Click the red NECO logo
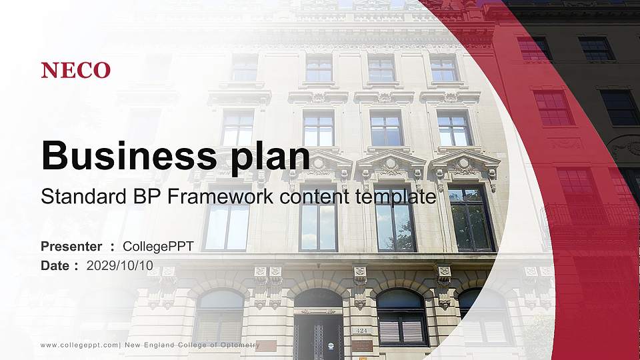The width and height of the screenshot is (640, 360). pos(76,70)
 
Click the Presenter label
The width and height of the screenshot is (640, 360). pos(71,247)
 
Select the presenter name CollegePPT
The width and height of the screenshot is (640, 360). pos(159,247)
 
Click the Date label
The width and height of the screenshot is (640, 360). pos(55,265)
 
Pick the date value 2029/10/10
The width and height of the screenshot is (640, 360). pos(120,265)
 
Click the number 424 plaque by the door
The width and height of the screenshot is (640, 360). pos(361,330)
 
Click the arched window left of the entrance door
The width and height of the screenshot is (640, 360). pos(219,317)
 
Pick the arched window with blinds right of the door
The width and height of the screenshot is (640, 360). pos(401,317)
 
